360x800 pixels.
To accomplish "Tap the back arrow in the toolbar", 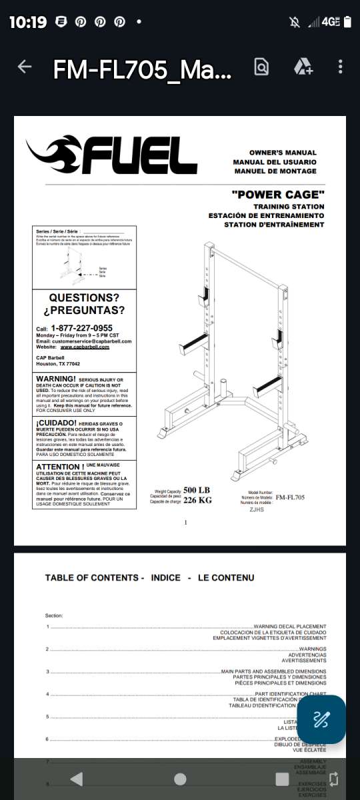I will tap(25, 67).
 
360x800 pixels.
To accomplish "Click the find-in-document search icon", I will tap(261, 67).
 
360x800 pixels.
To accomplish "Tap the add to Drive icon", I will tap(303, 67).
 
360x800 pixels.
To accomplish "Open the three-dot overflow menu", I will tap(341, 67).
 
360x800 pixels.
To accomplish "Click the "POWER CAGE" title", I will tap(278, 195).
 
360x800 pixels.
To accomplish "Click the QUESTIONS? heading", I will tap(84, 297).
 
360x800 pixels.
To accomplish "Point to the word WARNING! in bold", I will tap(57, 379).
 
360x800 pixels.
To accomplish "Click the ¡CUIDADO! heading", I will tap(56, 423).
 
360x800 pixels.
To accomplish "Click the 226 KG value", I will tap(197, 501).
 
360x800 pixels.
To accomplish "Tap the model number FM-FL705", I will tap(290, 497).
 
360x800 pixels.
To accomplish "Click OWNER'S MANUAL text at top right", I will tap(283, 153).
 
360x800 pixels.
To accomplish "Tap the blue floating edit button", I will tap(321, 719).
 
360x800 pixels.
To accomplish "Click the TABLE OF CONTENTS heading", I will tap(93, 577).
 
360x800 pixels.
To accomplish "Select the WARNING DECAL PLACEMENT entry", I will tap(290, 627).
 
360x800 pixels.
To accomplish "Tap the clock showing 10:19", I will tap(28, 22).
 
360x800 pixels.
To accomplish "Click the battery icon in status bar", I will tap(346, 22).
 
